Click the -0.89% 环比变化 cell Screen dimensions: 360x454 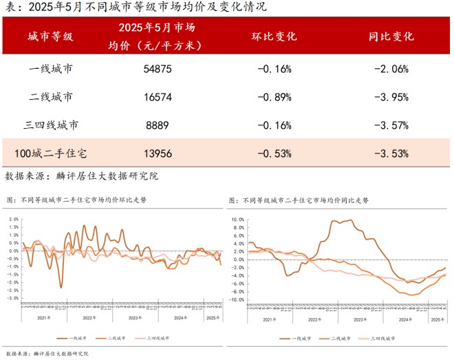pyautogui.click(x=274, y=97)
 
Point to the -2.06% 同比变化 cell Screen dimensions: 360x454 pyautogui.click(x=391, y=69)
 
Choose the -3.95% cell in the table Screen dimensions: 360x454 pyautogui.click(x=391, y=97)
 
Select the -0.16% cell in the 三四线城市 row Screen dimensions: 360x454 pyautogui.click(x=274, y=125)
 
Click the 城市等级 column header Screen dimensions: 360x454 pyautogui.click(x=51, y=36)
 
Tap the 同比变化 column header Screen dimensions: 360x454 pyautogui.click(x=391, y=36)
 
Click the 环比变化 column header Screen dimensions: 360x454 pyautogui.click(x=274, y=36)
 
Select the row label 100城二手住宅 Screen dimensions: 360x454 pyautogui.click(x=52, y=153)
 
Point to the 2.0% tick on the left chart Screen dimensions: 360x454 pyautogui.click(x=13, y=220)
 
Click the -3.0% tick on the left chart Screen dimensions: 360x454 pyautogui.click(x=12, y=298)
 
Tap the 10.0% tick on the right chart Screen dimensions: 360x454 pyautogui.click(x=237, y=219)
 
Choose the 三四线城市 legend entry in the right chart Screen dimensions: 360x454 pyautogui.click(x=382, y=339)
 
